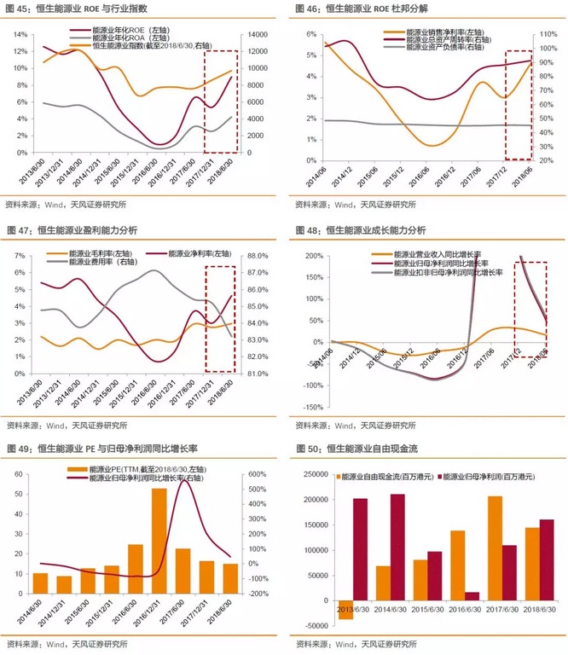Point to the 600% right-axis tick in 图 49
[x=257, y=474]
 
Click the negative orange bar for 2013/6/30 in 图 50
[x=345, y=610]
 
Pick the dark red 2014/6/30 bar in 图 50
[x=397, y=547]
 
